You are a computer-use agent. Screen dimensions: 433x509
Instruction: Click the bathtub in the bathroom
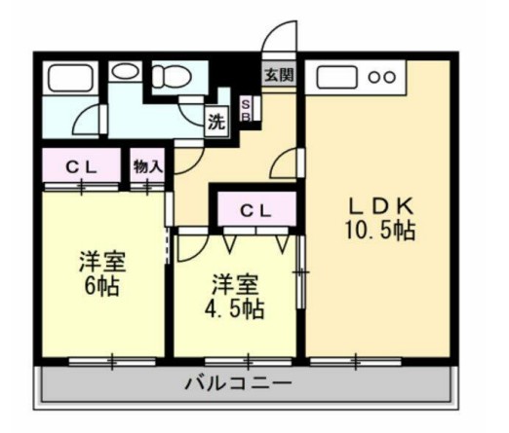tap(70, 78)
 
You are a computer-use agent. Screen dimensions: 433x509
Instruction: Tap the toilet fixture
tap(175, 76)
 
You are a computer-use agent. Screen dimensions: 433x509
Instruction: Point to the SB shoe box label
tap(246, 110)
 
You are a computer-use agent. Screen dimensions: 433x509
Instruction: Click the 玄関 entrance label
tap(278, 74)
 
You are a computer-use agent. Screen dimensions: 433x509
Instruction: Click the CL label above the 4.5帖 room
tap(255, 209)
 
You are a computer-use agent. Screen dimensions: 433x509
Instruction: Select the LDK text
tap(383, 206)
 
